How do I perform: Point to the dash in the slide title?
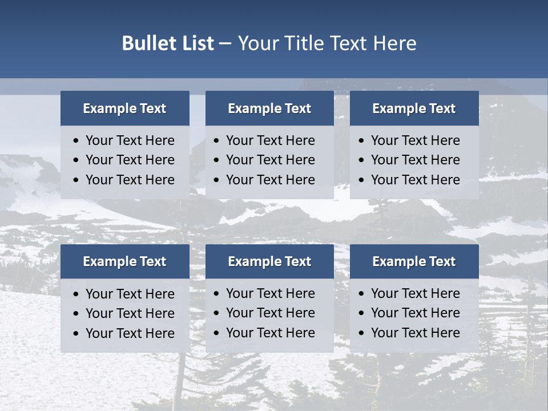[225, 44]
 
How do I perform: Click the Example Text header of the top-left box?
[124, 108]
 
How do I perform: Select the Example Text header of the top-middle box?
[269, 108]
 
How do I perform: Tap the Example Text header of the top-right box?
[414, 108]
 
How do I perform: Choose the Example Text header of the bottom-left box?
[124, 261]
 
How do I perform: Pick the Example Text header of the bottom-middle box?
[269, 261]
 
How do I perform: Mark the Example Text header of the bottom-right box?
[414, 261]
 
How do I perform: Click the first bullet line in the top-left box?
[130, 140]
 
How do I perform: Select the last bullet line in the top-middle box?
[270, 180]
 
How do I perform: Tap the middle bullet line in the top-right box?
[415, 160]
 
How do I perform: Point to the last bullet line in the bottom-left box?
[130, 333]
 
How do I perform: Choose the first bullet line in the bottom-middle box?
[270, 293]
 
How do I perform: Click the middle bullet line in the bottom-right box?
[415, 313]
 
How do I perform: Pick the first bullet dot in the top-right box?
[362, 141]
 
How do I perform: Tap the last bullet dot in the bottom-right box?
[362, 333]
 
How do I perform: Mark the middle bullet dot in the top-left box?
[76, 160]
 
